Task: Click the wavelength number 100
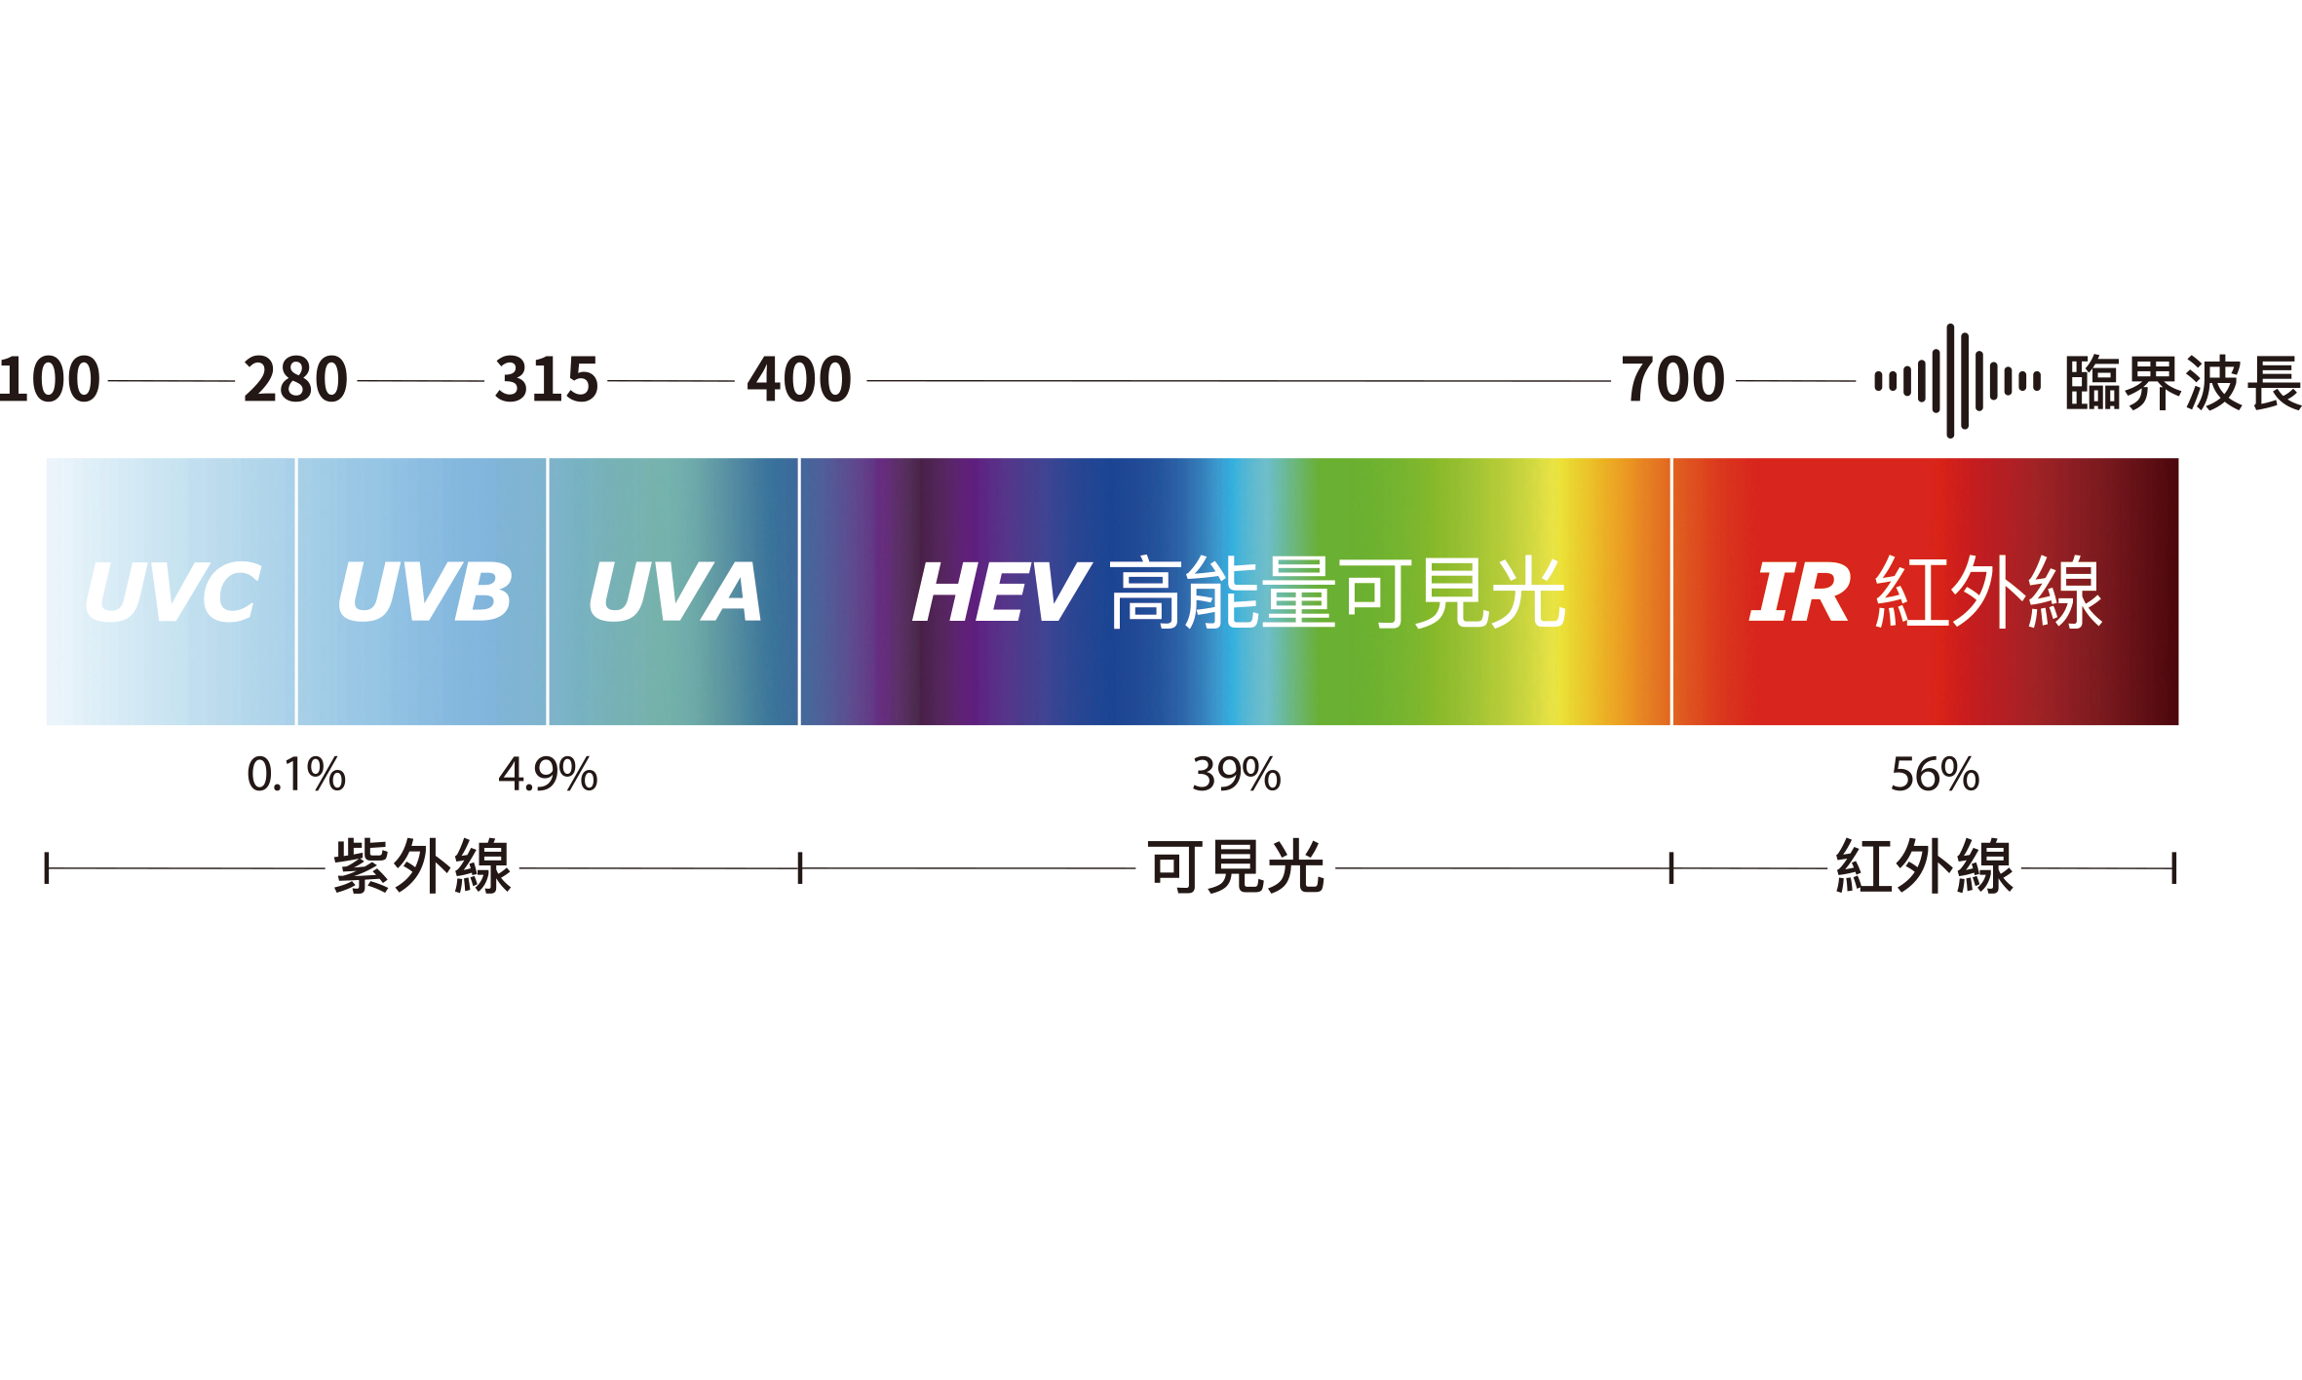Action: click(49, 379)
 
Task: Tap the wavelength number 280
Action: click(295, 379)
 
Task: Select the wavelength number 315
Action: click(547, 379)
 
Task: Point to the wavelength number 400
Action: click(799, 379)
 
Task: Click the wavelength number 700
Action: click(1672, 379)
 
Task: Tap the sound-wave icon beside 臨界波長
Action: click(1957, 381)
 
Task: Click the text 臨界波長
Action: click(2183, 382)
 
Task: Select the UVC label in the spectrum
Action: click(173, 592)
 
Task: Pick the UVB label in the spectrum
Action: click(424, 592)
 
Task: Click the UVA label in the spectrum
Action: click(675, 592)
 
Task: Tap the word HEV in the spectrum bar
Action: click(1001, 592)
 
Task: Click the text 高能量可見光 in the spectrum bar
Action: click(1338, 593)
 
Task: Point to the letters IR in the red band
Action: click(1799, 592)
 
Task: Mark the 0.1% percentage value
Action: click(296, 775)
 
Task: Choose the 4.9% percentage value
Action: click(548, 775)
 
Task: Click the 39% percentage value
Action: click(1237, 775)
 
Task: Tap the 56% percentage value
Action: click(1936, 775)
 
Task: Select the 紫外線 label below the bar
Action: click(422, 866)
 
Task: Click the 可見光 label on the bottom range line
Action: click(1236, 866)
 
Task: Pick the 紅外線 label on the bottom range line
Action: click(1925, 866)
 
